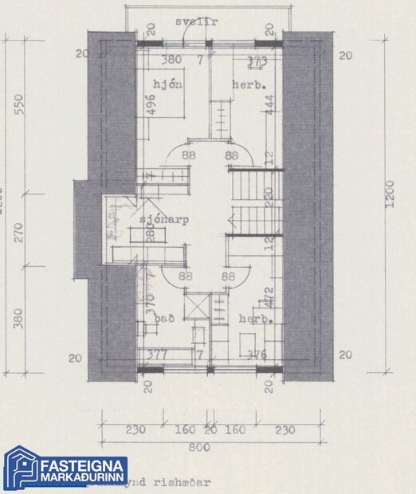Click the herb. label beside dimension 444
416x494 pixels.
(247, 84)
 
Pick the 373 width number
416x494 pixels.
(257, 60)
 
